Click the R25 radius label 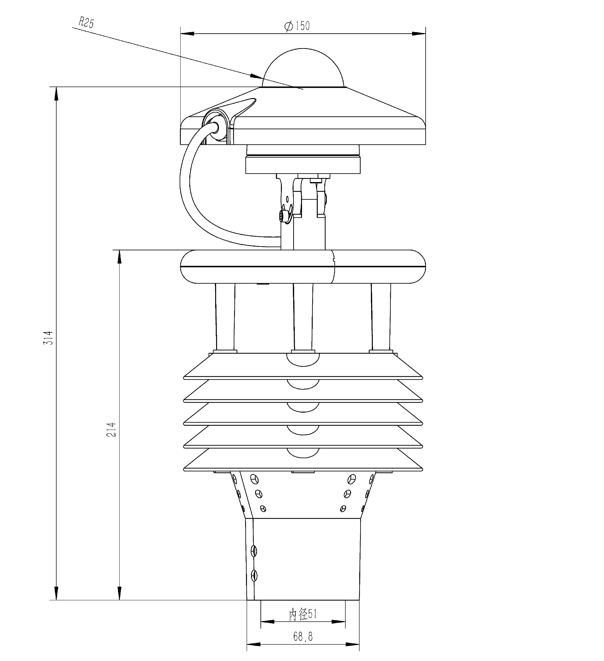86,23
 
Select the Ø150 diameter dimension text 297,26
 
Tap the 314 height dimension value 48,338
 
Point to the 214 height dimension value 112,430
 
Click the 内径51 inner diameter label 303,614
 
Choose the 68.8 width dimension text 303,637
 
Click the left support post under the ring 225,316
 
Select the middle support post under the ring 303,316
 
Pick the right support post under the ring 381,316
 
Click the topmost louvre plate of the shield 303,366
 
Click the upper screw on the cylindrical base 254,551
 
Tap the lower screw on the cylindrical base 254,575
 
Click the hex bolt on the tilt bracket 283,216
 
